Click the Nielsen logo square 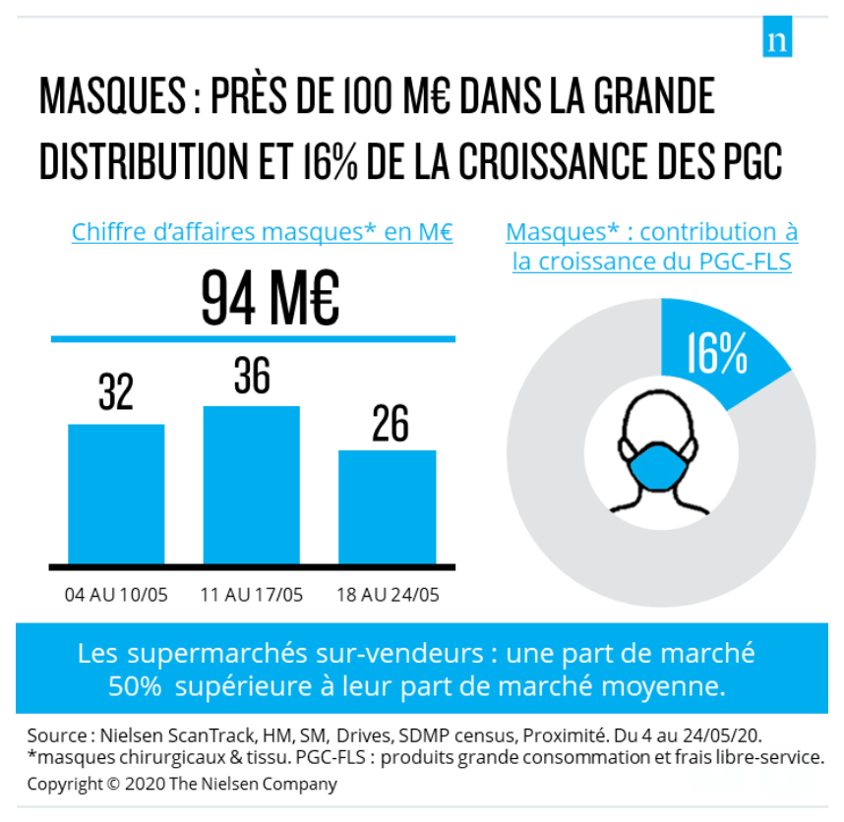777,40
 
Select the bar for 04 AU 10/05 116,494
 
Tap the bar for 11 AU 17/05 251,485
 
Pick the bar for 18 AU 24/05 387,506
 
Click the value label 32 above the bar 116,392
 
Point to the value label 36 252,375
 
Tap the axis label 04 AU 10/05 116,595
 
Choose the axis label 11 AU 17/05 252,595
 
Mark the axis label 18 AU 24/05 388,595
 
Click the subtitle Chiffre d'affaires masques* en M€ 262,233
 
